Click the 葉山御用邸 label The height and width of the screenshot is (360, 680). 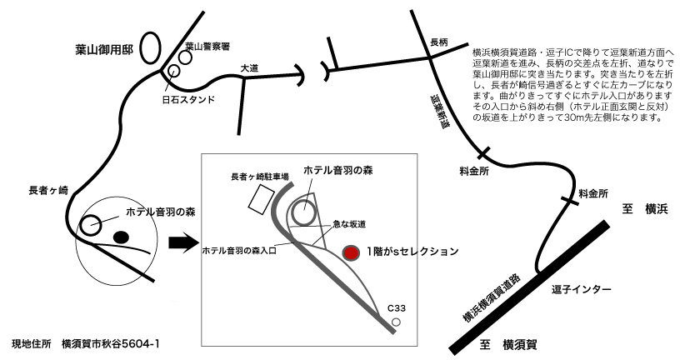point(104,50)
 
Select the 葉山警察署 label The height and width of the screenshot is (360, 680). point(207,46)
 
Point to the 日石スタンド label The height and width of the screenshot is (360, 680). point(188,99)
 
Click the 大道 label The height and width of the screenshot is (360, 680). point(249,67)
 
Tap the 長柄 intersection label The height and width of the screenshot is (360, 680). point(438,42)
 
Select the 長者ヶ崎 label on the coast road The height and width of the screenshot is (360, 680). point(48,190)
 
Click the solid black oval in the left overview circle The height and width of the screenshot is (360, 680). point(121,237)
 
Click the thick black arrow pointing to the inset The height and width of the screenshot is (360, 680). point(182,244)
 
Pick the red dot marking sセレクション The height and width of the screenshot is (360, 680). point(351,253)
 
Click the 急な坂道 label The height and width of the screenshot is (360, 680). point(349,224)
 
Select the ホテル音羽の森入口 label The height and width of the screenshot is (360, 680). point(239,251)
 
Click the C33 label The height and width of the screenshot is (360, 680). point(397,308)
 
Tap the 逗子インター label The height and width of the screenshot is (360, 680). point(581,289)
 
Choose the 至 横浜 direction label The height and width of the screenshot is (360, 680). point(645,209)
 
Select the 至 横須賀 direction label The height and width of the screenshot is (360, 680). point(508,345)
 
